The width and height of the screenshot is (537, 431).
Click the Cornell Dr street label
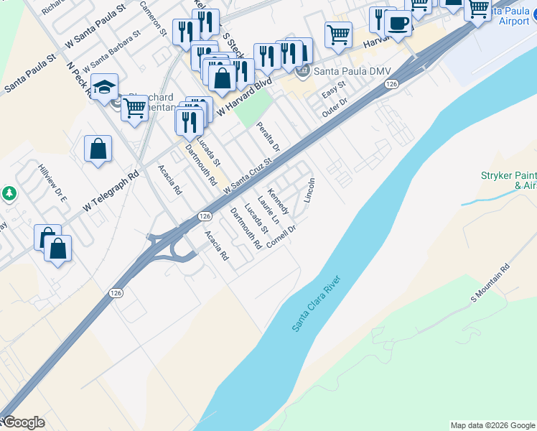click(x=281, y=236)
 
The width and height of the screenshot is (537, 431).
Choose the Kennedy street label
click(x=278, y=202)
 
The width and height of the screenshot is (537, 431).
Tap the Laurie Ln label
click(x=268, y=212)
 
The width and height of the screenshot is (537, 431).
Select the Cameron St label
click(x=153, y=19)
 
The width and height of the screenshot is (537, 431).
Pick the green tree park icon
click(x=9, y=193)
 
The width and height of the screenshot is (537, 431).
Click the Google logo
click(x=23, y=422)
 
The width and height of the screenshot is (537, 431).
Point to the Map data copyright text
click(x=492, y=425)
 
